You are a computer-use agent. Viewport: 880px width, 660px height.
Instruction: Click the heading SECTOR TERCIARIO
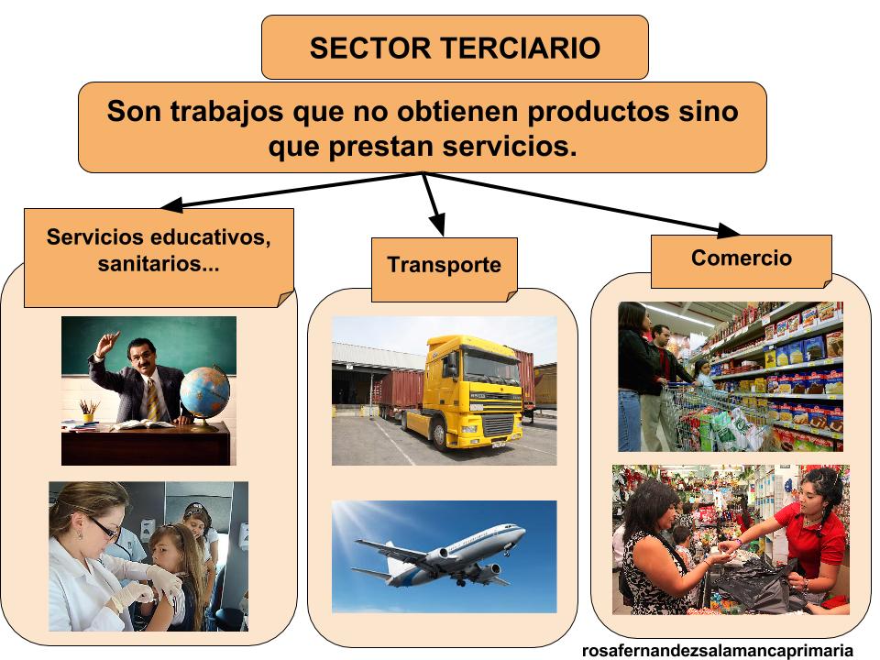tap(455, 48)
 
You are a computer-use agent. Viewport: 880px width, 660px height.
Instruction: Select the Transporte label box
tap(444, 266)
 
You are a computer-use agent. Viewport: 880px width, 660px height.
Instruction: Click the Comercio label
tap(741, 258)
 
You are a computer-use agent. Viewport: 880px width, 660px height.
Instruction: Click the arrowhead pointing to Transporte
tap(436, 224)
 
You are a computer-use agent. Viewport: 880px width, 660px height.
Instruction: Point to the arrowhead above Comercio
tap(729, 229)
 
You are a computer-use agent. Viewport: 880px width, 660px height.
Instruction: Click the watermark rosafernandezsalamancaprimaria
tap(718, 650)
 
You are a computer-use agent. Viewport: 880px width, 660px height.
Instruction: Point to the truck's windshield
tap(489, 367)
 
